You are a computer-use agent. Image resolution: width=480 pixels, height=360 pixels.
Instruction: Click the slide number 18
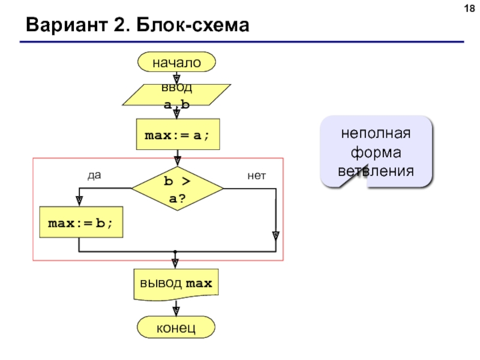coord(469,8)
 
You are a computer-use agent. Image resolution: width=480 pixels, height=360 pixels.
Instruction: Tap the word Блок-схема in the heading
coord(193,25)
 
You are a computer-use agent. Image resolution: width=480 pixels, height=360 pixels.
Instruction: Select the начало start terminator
coord(176,62)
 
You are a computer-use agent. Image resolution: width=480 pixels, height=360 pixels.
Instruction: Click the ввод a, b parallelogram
coord(176,95)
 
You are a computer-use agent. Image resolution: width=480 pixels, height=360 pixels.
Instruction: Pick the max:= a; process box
coord(178,134)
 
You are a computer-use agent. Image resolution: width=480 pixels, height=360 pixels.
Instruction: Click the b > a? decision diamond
coord(178,188)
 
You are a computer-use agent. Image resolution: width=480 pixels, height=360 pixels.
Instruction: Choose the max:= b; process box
coord(81,222)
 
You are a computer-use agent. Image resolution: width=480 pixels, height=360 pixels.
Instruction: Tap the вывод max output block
coord(176,284)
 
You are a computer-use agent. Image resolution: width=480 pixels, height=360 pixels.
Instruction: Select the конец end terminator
coord(176,327)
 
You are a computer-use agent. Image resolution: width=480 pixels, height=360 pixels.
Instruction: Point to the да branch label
coord(94,175)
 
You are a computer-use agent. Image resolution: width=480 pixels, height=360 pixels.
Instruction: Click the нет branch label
coord(257,176)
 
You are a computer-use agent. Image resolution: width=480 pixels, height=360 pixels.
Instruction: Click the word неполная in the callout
coord(376,133)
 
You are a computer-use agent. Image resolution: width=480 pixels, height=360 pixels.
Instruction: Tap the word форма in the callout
coord(376,152)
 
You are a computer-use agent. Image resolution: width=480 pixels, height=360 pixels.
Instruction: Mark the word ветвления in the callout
coord(376,171)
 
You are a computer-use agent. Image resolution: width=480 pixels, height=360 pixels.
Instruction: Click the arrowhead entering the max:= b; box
coord(79,201)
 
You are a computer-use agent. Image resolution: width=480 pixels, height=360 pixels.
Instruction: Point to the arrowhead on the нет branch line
coord(276,236)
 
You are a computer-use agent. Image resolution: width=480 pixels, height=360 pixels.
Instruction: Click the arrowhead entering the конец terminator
coord(176,311)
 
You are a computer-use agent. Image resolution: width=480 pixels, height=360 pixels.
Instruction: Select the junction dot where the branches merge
coord(175,251)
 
